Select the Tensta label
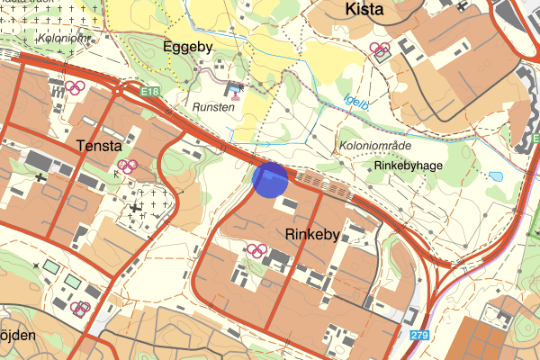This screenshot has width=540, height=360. pyautogui.click(x=100, y=146)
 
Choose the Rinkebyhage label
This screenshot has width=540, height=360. pyautogui.click(x=407, y=166)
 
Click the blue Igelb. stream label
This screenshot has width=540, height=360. pyautogui.click(x=357, y=103)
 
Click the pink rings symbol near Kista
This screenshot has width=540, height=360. pyautogui.click(x=380, y=50)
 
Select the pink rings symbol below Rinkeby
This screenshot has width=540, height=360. pyautogui.click(x=258, y=249)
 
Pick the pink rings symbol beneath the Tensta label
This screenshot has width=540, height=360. pyautogui.click(x=127, y=166)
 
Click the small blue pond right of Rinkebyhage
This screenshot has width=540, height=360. pyautogui.click(x=496, y=177)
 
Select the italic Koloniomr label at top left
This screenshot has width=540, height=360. pyautogui.click(x=63, y=39)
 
